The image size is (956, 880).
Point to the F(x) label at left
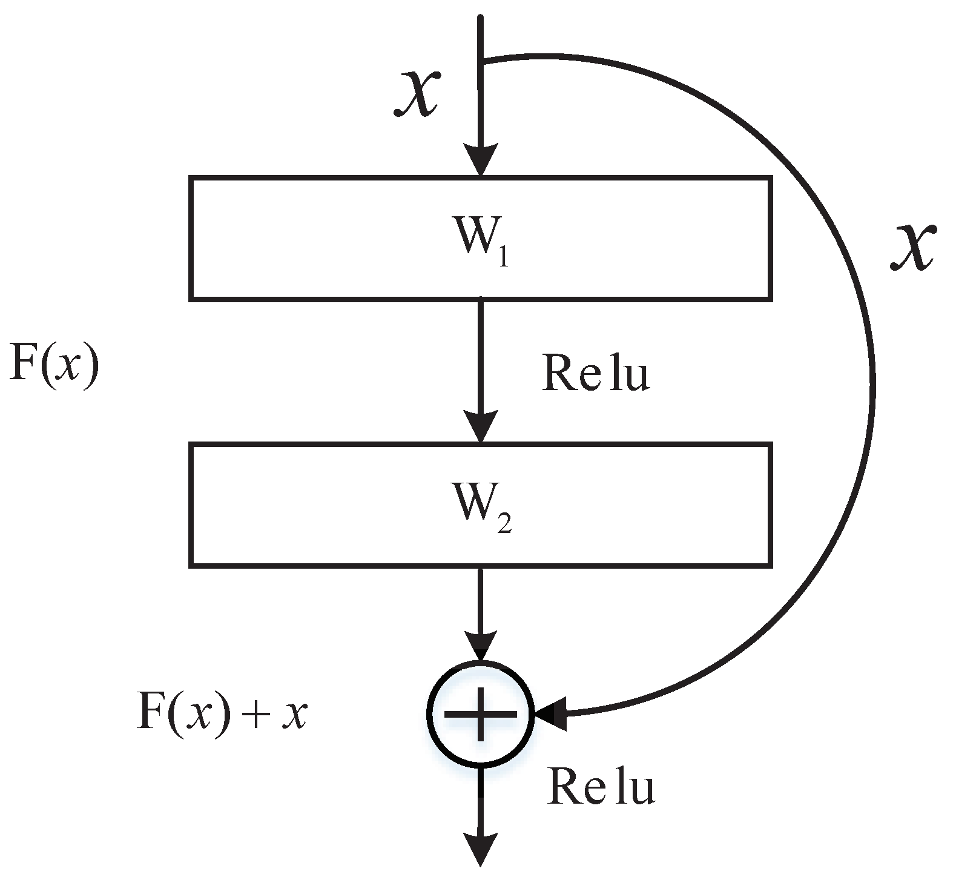[53, 363]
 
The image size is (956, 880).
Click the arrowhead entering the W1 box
[481, 160]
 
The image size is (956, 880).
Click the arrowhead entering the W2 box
[481, 426]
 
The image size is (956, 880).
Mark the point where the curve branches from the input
[482, 61]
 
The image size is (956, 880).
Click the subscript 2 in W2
[504, 525]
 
